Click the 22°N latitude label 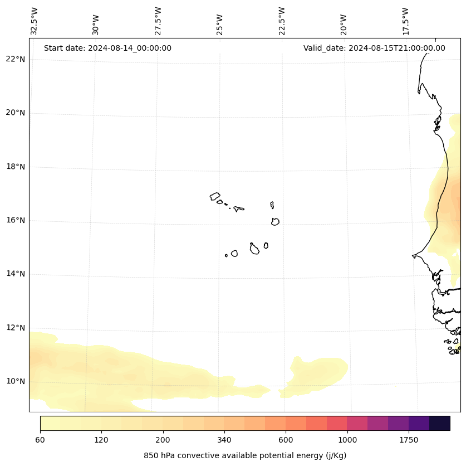point(15,59)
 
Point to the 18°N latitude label point(15,167)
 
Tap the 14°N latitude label point(15,274)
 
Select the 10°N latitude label point(15,381)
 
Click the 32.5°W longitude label point(35,21)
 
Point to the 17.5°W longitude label point(406,21)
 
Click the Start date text point(107,48)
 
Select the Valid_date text point(374,48)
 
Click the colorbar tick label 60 point(40,440)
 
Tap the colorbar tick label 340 point(224,440)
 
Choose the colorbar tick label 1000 point(347,440)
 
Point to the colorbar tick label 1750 point(409,440)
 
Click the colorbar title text point(245,455)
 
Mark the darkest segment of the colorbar point(440,423)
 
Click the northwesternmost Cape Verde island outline point(215,196)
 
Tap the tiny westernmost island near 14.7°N point(226,255)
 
